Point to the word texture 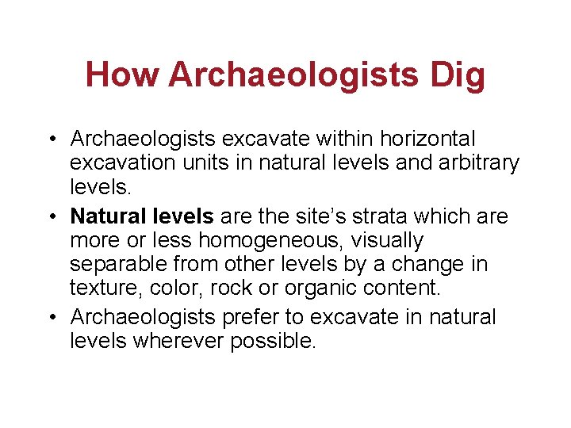pyautogui.click(x=100, y=288)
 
